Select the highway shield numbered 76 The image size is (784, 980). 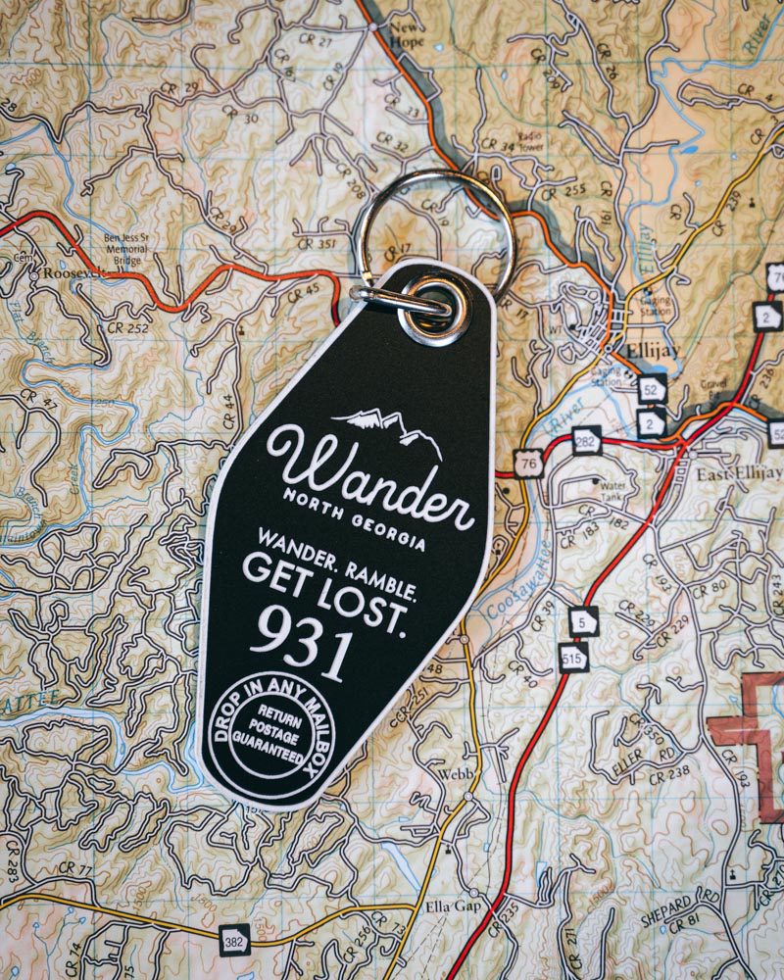point(529,465)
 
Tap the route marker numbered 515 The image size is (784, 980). point(574,658)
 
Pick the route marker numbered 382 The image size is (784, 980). point(234,938)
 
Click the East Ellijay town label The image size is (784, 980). point(739,474)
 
